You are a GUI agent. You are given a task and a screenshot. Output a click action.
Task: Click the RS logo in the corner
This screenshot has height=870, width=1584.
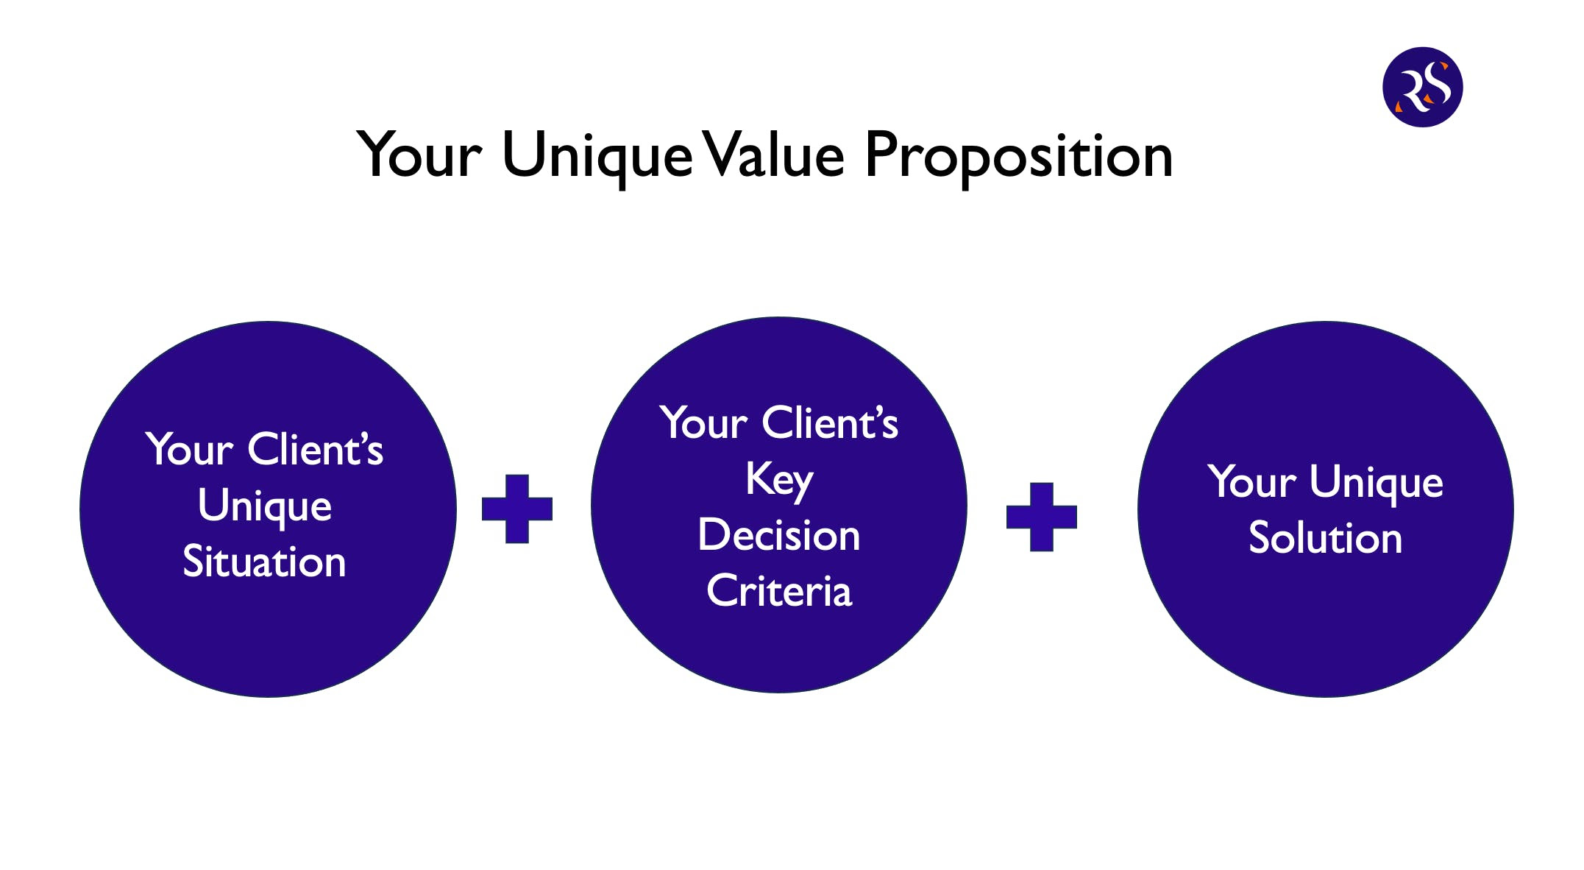[1422, 87]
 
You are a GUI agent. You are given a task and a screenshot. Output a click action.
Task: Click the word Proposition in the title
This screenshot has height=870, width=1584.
[1018, 156]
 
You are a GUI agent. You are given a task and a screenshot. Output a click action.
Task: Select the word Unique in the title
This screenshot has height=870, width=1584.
[597, 156]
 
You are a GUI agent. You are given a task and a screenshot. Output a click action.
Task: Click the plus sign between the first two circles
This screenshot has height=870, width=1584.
[516, 509]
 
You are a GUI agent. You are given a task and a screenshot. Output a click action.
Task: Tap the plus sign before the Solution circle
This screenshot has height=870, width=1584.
[1041, 517]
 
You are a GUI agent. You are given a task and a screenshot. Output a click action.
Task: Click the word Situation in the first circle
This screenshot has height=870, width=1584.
[264, 562]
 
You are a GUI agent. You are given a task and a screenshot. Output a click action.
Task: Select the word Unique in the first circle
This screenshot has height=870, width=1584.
[265, 507]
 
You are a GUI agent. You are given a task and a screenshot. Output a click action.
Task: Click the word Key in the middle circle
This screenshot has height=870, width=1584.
[779, 480]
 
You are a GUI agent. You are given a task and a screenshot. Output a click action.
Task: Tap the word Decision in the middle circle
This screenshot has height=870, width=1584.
[779, 535]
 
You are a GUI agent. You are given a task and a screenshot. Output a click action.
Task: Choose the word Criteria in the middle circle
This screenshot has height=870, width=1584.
[779, 591]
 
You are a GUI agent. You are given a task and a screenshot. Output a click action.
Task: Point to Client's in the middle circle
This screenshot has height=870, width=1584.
[830, 423]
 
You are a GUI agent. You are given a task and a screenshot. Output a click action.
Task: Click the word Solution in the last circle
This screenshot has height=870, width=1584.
[1325, 538]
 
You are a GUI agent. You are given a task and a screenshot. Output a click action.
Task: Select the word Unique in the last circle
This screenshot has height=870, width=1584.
[1376, 483]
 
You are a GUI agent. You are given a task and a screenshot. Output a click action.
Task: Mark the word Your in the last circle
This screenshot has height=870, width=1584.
[1251, 483]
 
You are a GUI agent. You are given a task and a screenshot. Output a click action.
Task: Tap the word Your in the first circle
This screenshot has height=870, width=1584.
[190, 450]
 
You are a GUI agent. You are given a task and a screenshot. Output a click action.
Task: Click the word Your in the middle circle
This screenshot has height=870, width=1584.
[704, 423]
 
